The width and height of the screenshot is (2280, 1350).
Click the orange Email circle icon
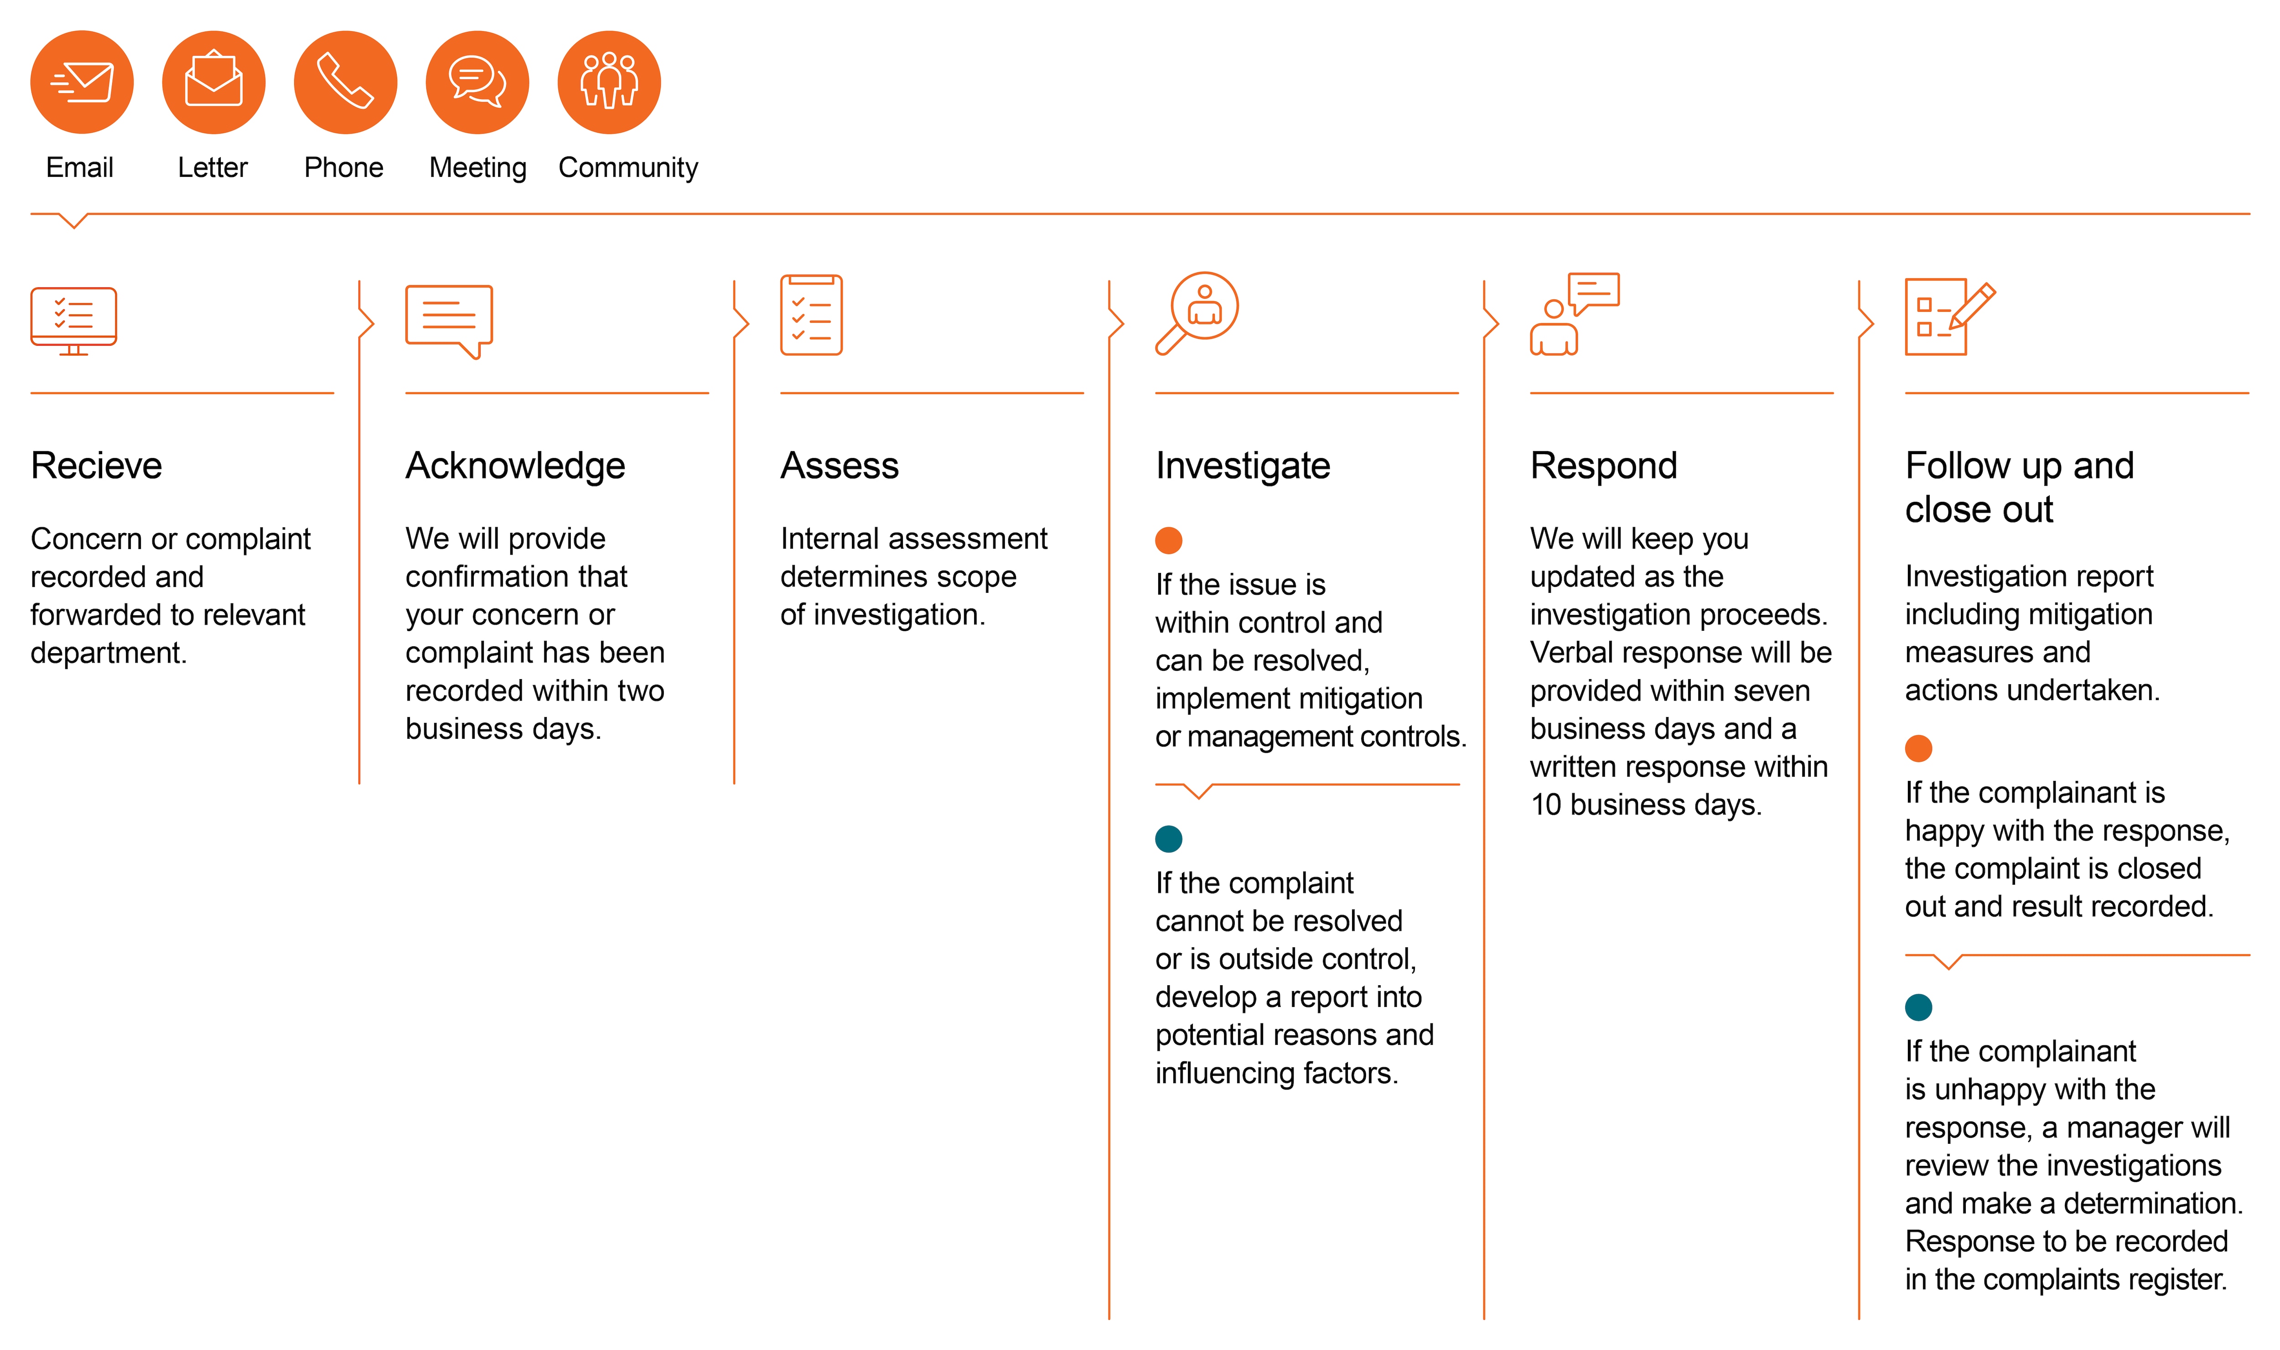pos(82,82)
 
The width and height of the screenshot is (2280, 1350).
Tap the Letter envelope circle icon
pos(214,82)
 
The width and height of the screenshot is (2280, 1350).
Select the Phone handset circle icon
pos(346,82)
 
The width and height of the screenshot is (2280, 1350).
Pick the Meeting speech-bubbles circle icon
pos(477,82)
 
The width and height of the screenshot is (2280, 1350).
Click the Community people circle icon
pos(609,82)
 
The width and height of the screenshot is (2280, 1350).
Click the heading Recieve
pos(96,466)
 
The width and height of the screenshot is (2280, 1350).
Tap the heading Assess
pos(839,466)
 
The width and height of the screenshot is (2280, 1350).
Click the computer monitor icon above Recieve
pos(74,321)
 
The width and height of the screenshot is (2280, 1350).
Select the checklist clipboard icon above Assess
pos(811,315)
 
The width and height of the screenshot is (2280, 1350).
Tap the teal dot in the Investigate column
pos(1169,839)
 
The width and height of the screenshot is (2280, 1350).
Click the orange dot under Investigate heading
pos(1169,540)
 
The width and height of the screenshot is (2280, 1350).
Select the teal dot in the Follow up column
pos(1919,1007)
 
